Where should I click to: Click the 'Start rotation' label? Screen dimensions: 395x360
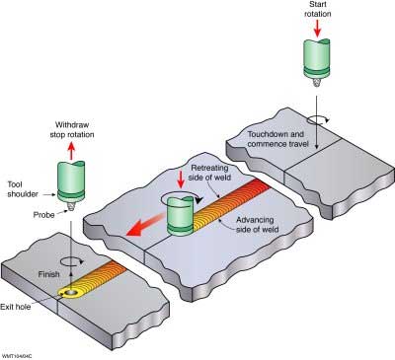(x=317, y=9)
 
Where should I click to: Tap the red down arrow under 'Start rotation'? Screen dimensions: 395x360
(x=317, y=29)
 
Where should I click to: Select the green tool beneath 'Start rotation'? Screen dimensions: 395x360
(x=316, y=62)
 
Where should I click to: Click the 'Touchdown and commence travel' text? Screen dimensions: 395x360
(x=278, y=139)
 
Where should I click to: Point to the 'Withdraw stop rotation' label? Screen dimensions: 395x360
(x=72, y=130)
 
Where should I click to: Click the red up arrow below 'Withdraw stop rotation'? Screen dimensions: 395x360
(x=71, y=151)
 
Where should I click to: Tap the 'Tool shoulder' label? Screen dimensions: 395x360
(x=22, y=189)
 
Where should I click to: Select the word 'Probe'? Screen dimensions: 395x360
(x=43, y=215)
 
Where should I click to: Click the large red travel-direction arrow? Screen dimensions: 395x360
(x=145, y=225)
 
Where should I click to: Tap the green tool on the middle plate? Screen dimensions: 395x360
(x=180, y=216)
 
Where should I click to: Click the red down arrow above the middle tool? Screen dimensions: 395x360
(x=181, y=180)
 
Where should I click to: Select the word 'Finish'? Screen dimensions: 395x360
(x=49, y=274)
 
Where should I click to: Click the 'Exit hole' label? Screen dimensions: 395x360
(x=16, y=307)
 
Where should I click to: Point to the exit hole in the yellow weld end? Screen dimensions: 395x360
(x=70, y=293)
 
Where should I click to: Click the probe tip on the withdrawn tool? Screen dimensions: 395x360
(x=71, y=207)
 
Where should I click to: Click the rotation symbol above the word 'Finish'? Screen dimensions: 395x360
(x=70, y=261)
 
